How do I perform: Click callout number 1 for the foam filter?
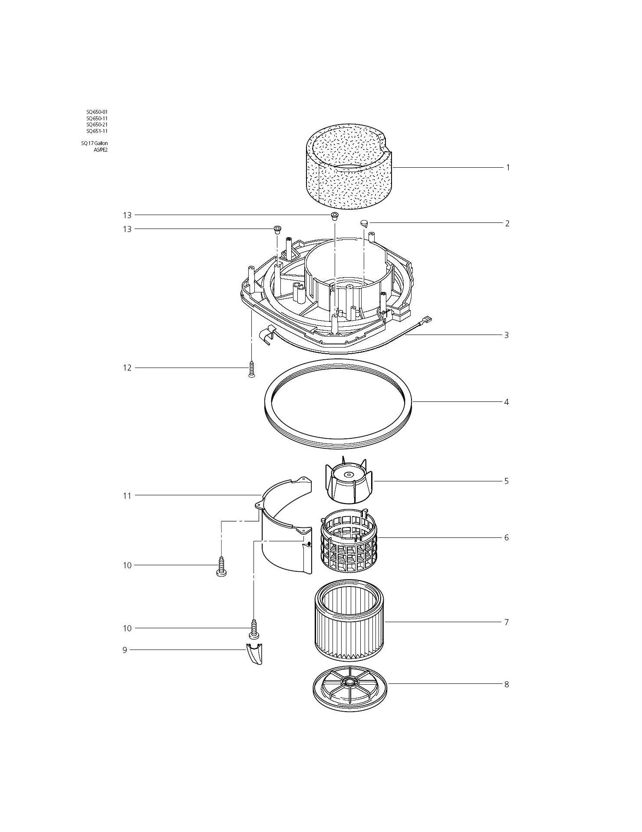[508, 167]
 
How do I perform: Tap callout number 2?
[507, 223]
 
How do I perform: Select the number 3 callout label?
[506, 335]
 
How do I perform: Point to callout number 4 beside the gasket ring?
[506, 402]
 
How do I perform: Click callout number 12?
[127, 368]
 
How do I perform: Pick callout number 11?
[127, 495]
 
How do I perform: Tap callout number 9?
[125, 650]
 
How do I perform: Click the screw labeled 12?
[251, 369]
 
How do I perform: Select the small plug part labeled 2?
[364, 224]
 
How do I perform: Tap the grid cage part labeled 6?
[349, 539]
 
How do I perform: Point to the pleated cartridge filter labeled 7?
[349, 621]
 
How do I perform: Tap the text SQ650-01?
[97, 112]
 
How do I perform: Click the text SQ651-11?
[97, 131]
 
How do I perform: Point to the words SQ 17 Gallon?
[94, 143]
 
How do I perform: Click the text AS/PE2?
[100, 149]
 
